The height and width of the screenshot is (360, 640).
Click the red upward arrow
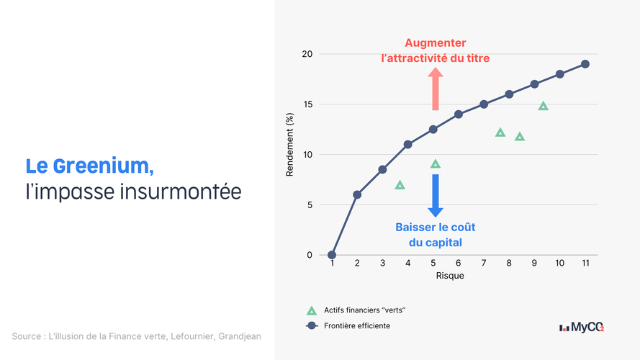pyautogui.click(x=436, y=89)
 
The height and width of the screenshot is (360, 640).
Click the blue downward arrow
pyautogui.click(x=436, y=196)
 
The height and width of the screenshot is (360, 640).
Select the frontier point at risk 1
pyautogui.click(x=332, y=255)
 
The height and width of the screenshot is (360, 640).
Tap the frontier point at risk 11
pyautogui.click(x=585, y=64)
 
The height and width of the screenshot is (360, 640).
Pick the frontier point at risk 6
pyautogui.click(x=459, y=114)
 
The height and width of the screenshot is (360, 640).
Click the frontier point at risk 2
pyautogui.click(x=357, y=194)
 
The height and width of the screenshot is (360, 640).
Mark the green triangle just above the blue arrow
pyautogui.click(x=436, y=164)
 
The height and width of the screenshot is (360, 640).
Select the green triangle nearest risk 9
pyautogui.click(x=543, y=106)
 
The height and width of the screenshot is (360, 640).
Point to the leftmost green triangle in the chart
pyautogui.click(x=400, y=185)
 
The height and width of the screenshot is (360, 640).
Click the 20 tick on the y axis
pyautogui.click(x=307, y=54)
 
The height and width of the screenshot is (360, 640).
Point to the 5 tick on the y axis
pyautogui.click(x=310, y=205)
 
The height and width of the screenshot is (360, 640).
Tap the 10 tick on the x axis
pyautogui.click(x=559, y=264)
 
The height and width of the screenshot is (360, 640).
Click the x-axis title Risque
pyautogui.click(x=450, y=276)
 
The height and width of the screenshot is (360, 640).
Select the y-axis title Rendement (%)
pyautogui.click(x=289, y=145)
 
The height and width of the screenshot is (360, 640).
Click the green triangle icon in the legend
pyautogui.click(x=312, y=310)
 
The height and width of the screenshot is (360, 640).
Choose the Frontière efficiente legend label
pyautogui.click(x=357, y=325)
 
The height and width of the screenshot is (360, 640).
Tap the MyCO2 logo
pyautogui.click(x=582, y=328)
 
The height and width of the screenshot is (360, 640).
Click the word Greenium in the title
pyautogui.click(x=103, y=166)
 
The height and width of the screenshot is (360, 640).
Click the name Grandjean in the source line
pyautogui.click(x=240, y=336)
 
